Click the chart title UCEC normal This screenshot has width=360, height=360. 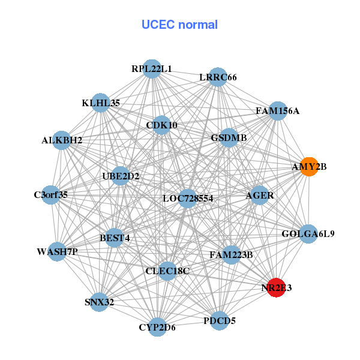tap(179, 25)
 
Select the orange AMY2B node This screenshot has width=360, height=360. tap(309, 166)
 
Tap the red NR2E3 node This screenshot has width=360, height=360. tap(276, 288)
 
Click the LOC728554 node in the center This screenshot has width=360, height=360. tap(188, 198)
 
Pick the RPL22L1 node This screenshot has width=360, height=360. tap(152, 69)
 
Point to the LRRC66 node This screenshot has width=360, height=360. tap(218, 77)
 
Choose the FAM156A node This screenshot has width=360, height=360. tap(277, 111)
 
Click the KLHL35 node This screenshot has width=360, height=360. tap(101, 103)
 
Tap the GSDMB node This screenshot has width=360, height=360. tap(229, 138)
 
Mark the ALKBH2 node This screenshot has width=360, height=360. tap(62, 140)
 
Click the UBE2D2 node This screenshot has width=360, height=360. tap(121, 176)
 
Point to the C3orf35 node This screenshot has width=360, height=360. tap(51, 194)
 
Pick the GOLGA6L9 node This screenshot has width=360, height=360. tap(308, 233)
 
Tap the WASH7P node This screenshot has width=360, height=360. tap(57, 251)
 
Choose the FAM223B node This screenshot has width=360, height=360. tap(231, 255)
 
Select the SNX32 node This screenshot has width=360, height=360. tap(100, 302)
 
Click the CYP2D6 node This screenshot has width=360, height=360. tap(157, 327)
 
